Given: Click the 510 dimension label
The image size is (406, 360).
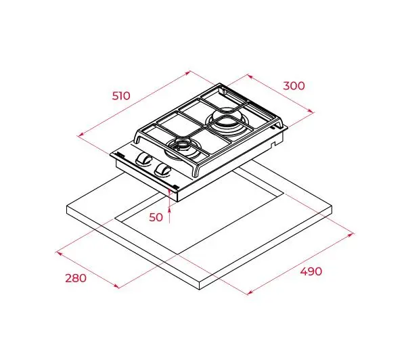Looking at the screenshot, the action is tap(121, 96).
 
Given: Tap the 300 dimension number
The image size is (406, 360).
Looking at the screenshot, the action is tap(294, 86).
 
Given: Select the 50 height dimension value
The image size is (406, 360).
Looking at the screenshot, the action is tap(156, 217).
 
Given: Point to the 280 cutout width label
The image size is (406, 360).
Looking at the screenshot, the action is tap(76, 278).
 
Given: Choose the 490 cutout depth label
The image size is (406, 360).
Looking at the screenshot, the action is tap(311, 271).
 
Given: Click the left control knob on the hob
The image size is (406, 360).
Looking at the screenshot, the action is tap(143, 159).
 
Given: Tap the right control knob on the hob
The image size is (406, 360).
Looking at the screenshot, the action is tap(162, 169).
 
